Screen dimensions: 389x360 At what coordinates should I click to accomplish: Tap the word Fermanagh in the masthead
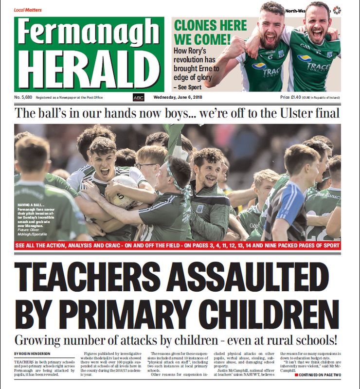coord(89,33)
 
